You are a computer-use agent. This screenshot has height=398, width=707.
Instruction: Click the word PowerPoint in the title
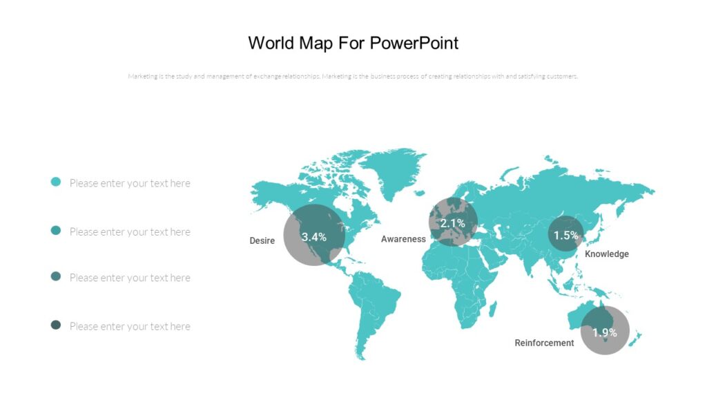point(414,43)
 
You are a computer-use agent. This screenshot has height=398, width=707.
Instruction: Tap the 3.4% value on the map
point(314,236)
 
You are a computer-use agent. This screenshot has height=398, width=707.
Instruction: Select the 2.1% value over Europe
point(453,223)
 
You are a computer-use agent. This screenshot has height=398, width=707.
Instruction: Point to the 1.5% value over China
point(565,235)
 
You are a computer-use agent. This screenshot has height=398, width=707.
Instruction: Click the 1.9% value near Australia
point(604,332)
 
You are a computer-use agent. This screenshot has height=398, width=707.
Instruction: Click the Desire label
point(262,241)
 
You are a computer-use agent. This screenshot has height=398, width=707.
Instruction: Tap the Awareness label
point(403,239)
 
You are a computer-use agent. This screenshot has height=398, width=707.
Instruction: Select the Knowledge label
point(607,254)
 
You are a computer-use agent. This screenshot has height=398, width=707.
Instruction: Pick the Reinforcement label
point(544,343)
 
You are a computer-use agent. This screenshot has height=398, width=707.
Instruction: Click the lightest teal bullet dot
point(56,182)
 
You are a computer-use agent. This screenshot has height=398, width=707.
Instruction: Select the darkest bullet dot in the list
point(56,325)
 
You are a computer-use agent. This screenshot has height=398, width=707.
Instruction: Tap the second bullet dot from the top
point(56,230)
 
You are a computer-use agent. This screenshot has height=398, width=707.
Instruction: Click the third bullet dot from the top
point(56,276)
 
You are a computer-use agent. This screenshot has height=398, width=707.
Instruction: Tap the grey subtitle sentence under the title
point(353,77)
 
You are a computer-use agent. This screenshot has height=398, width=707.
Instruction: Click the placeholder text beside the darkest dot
point(130,326)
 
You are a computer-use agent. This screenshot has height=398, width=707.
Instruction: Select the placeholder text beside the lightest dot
point(130,183)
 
